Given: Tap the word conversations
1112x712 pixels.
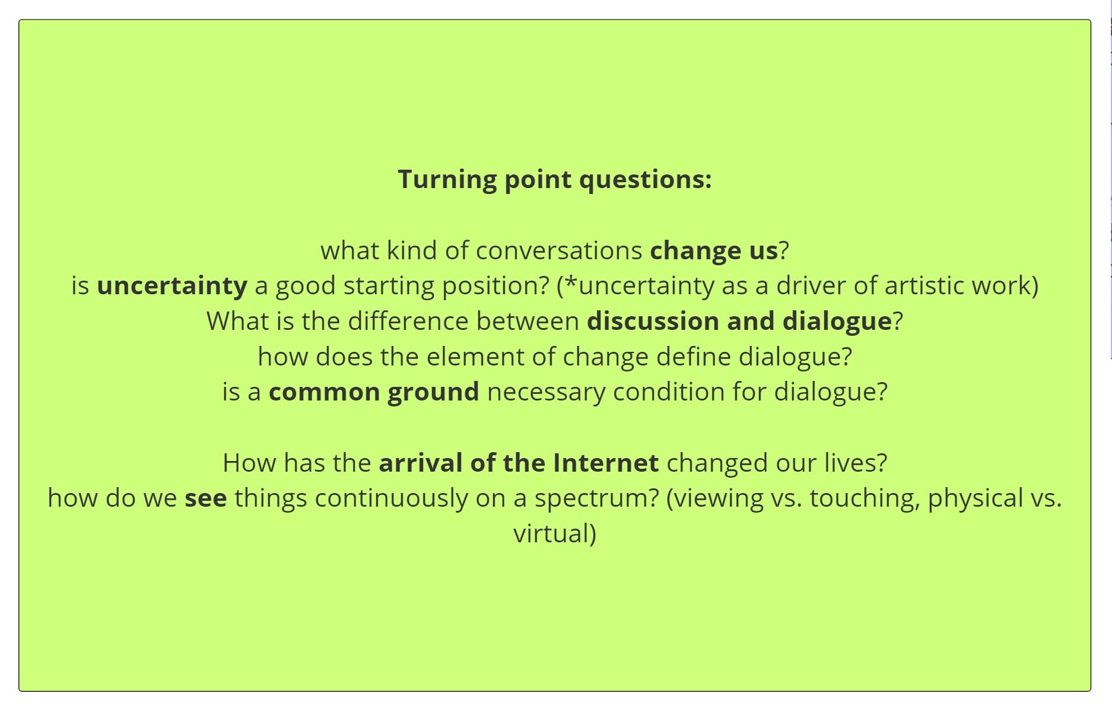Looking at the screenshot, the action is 559,250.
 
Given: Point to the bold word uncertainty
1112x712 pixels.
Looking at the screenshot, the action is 172,286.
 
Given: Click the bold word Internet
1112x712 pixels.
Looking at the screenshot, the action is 606,463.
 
